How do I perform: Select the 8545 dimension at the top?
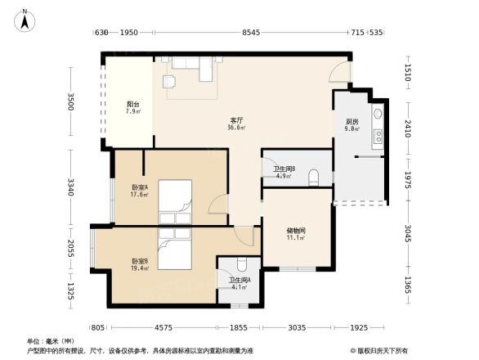pos(250,32)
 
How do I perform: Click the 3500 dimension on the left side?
pos(71,102)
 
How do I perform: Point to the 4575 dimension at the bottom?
pos(161,328)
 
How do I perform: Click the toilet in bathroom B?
pos(314,181)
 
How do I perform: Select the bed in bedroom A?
pos(176,196)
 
